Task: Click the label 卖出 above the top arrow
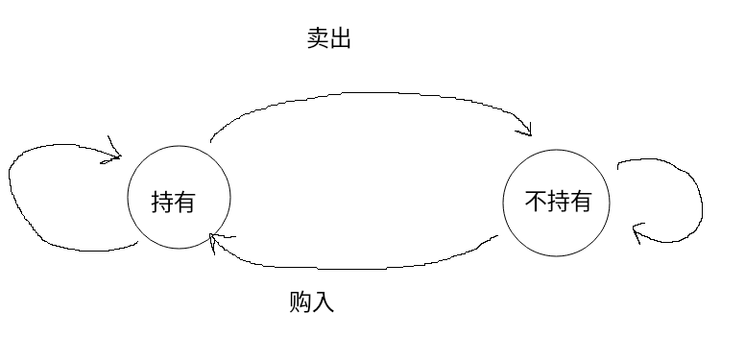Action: point(327,39)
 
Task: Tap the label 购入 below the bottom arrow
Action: point(311,302)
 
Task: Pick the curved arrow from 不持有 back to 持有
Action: point(355,263)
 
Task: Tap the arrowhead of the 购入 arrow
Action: point(216,239)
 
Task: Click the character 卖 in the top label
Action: point(317,39)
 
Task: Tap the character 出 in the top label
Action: point(339,39)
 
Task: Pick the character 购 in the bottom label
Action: point(300,302)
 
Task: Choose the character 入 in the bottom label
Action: point(323,302)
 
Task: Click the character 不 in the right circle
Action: point(535,203)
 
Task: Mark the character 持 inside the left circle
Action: point(162,203)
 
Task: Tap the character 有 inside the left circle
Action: point(185,203)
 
